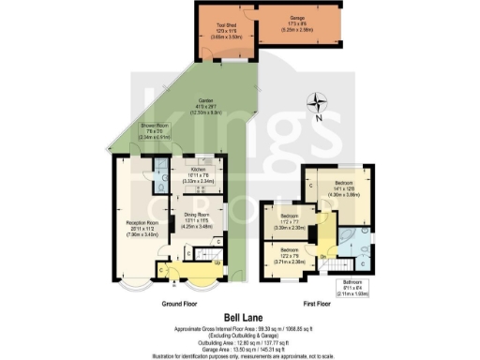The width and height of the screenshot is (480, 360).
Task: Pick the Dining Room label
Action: pyautogui.click(x=198, y=220)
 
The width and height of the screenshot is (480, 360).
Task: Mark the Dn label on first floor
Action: pyautogui.click(x=322, y=256)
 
